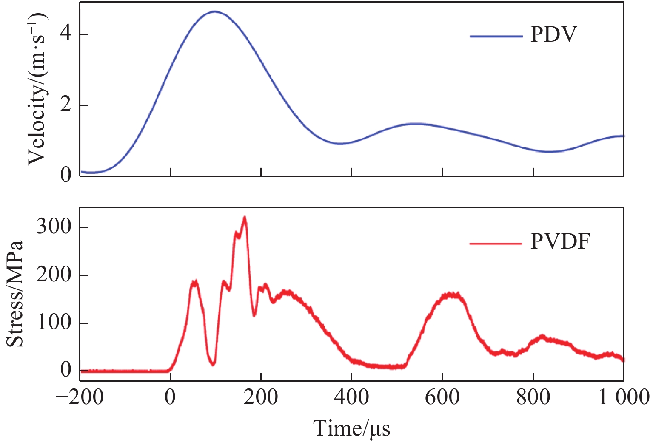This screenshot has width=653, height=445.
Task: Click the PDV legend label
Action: [x=553, y=35]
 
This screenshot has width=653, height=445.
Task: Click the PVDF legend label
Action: [x=560, y=242]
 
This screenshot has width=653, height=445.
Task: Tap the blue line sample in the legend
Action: [x=496, y=37]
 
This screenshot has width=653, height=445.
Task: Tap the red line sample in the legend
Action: [x=496, y=244]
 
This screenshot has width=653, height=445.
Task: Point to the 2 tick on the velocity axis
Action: [x=66, y=105]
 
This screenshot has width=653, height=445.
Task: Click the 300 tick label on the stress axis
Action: [x=54, y=227]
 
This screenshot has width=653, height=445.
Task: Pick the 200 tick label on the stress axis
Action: [x=54, y=275]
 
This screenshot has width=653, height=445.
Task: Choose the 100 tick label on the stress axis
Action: [x=54, y=323]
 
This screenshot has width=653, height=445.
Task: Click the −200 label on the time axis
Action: [x=80, y=397]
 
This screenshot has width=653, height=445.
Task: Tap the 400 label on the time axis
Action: [x=352, y=397]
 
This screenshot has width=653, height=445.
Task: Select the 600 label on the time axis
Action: [x=442, y=397]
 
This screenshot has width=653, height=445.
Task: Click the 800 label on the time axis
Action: [x=533, y=397]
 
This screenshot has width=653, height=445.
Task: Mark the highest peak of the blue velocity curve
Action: [x=214, y=11]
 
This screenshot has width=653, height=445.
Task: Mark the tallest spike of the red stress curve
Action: [x=244, y=217]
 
